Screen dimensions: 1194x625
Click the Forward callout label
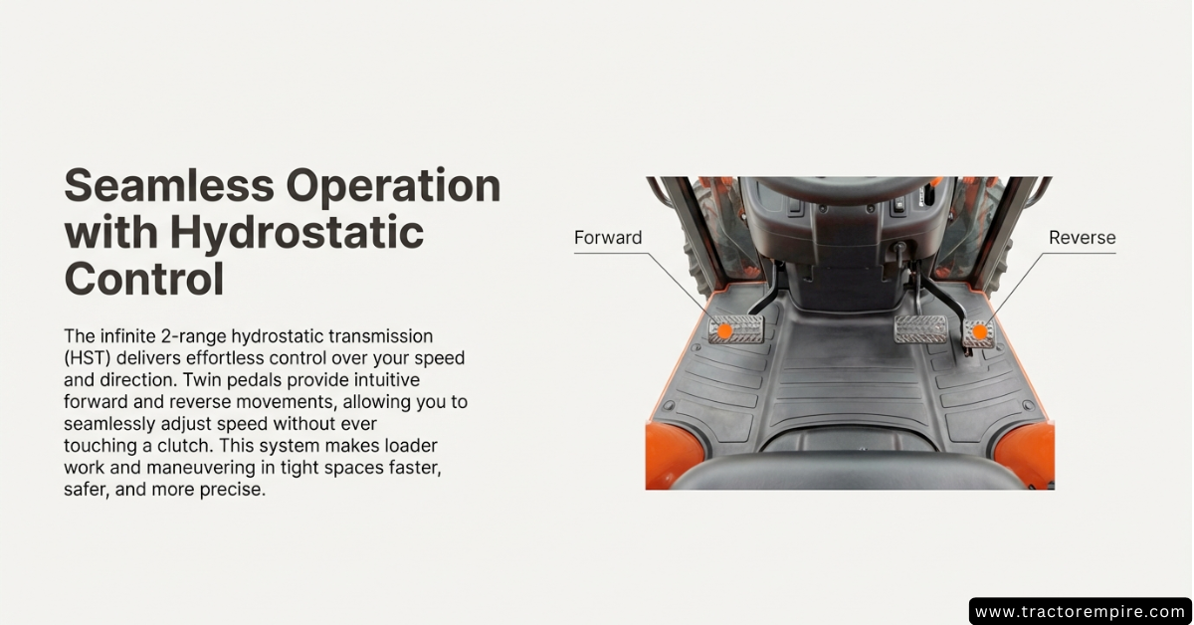608,237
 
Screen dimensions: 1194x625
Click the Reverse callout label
1083,237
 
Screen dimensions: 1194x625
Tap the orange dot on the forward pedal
724,331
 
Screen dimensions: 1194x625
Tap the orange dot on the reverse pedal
980,332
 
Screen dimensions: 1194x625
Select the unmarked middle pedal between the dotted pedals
920,328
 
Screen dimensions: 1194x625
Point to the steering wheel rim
841,188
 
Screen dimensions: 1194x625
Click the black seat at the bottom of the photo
848,471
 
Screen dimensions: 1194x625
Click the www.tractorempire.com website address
1080,611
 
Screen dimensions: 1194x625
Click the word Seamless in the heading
169,185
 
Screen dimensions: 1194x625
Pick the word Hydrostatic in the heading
298,234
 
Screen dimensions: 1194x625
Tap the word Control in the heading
144,278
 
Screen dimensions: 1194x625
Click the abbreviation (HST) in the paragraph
87,358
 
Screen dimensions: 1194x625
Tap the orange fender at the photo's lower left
673,455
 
